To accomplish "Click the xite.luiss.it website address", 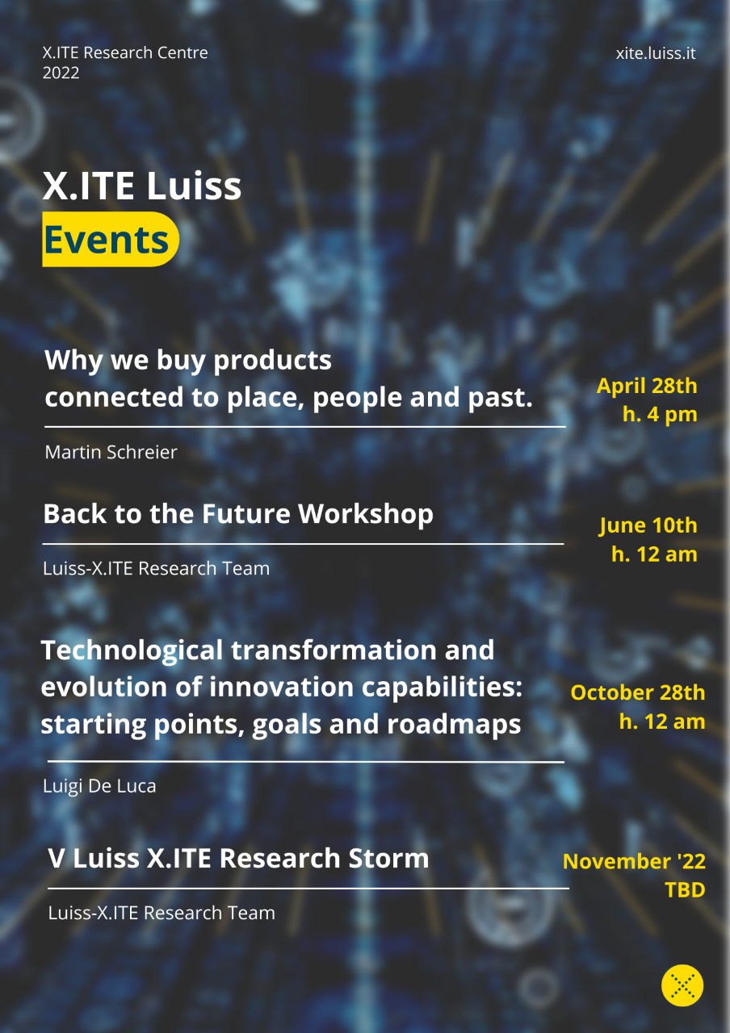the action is tap(655, 53).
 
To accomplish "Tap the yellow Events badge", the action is tap(111, 239).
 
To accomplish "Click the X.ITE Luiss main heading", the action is tap(141, 186).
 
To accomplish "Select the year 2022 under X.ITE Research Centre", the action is tap(61, 73).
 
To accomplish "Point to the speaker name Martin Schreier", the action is tap(111, 452).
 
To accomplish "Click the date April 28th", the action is tap(647, 386).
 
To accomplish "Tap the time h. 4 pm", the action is tap(660, 414).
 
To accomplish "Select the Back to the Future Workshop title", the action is tap(238, 514).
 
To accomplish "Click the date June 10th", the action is tap(648, 525).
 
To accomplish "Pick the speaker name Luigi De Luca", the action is tap(99, 786).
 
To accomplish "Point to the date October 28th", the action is tap(638, 692).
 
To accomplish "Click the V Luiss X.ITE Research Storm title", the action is tap(238, 859).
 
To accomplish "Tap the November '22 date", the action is tap(634, 861).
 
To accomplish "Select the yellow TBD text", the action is tap(685, 890).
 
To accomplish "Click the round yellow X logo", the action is tap(682, 985).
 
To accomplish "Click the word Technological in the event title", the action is tap(132, 650).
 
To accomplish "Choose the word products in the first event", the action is tap(272, 361).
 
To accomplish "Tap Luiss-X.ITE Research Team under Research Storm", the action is tap(162, 913).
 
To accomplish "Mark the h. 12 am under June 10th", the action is tap(654, 554).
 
